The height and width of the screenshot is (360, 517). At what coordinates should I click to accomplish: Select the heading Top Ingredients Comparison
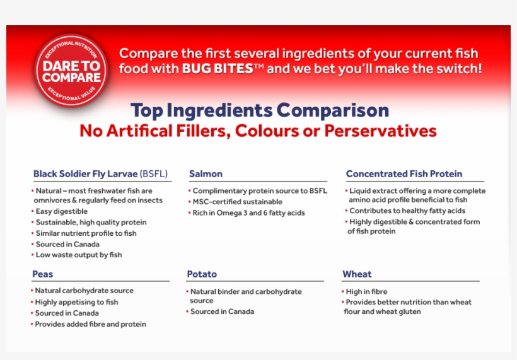click(x=260, y=110)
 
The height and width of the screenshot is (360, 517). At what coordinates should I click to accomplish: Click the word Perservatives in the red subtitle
click(x=387, y=131)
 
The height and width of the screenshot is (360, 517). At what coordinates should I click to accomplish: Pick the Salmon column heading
click(x=206, y=174)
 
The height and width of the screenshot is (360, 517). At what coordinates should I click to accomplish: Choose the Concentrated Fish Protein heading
click(x=404, y=174)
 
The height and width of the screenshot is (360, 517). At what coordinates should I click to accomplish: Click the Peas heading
click(x=43, y=274)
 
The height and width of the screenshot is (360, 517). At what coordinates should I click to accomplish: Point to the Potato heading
click(x=202, y=274)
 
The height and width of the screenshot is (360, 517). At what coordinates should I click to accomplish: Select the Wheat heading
click(x=357, y=274)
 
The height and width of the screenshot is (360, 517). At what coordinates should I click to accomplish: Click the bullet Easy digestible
click(x=61, y=212)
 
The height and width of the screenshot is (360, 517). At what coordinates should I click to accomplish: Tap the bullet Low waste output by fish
click(x=78, y=255)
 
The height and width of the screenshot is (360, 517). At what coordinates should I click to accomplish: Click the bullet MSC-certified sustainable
click(x=237, y=202)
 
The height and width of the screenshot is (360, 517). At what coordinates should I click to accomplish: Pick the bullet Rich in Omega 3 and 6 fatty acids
click(x=248, y=213)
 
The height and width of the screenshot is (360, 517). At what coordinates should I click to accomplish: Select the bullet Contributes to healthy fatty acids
click(x=407, y=211)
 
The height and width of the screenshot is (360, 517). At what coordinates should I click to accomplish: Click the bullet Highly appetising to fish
click(x=76, y=302)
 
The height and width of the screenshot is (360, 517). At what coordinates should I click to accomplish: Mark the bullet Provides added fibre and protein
click(x=90, y=324)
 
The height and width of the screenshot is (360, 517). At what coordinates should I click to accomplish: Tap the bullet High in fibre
click(x=366, y=292)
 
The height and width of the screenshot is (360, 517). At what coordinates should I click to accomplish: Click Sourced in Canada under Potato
click(x=222, y=311)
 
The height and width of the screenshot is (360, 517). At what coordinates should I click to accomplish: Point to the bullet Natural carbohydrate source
click(x=84, y=291)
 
